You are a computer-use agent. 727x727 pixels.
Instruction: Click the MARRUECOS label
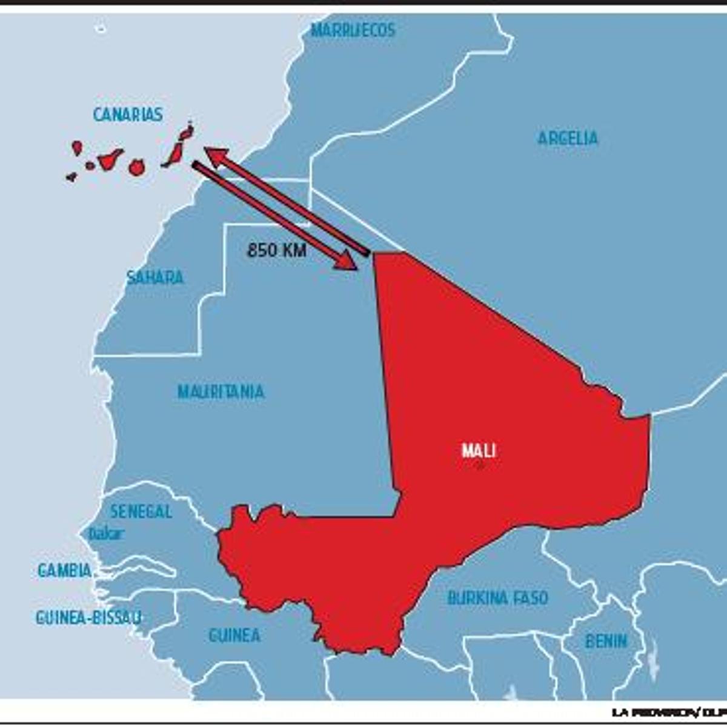pyautogui.click(x=353, y=30)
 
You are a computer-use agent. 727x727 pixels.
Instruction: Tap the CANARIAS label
pyautogui.click(x=128, y=115)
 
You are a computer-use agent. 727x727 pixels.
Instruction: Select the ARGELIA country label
pyautogui.click(x=568, y=138)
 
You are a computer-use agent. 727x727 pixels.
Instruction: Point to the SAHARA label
pyautogui.click(x=155, y=277)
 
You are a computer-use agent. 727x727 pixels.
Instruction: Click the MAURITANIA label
pyautogui.click(x=221, y=392)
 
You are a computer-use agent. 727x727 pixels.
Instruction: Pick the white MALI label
pyautogui.click(x=479, y=451)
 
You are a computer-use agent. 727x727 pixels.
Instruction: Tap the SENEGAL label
pyautogui.click(x=141, y=511)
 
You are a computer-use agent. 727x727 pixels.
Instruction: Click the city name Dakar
pyautogui.click(x=106, y=534)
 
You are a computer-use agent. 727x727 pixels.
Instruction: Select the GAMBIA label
pyautogui.click(x=65, y=570)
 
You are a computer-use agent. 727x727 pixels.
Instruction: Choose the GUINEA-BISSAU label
pyautogui.click(x=88, y=617)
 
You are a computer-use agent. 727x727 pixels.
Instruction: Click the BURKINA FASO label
pyautogui.click(x=497, y=598)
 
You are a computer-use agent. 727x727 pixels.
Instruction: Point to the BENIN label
pyautogui.click(x=606, y=641)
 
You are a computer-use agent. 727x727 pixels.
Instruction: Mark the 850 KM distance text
pyautogui.click(x=276, y=250)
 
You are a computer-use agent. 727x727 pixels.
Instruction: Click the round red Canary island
pyautogui.click(x=137, y=168)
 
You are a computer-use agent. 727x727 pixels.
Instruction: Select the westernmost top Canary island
pyautogui.click(x=77, y=147)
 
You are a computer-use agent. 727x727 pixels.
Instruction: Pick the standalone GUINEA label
pyautogui.click(x=234, y=636)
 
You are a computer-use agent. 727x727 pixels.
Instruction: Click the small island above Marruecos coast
pyautogui.click(x=101, y=28)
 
